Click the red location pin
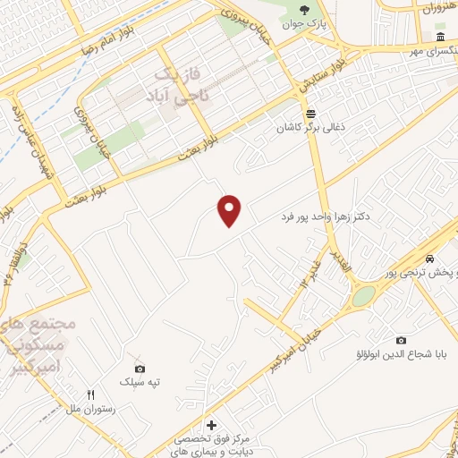pyautogui.click(x=230, y=210)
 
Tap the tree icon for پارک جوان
pyautogui.click(x=304, y=9)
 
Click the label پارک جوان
pyautogui.click(x=301, y=24)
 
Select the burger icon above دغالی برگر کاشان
pyautogui.click(x=310, y=114)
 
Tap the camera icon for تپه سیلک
pyautogui.click(x=140, y=368)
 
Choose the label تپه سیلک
pyautogui.click(x=140, y=382)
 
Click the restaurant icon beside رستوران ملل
pyautogui.click(x=90, y=394)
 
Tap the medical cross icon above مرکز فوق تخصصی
pyautogui.click(x=211, y=425)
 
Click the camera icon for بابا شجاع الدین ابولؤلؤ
pyautogui.click(x=400, y=339)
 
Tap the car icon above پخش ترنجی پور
pyautogui.click(x=431, y=259)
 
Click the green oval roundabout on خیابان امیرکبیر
pyautogui.click(x=362, y=296)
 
